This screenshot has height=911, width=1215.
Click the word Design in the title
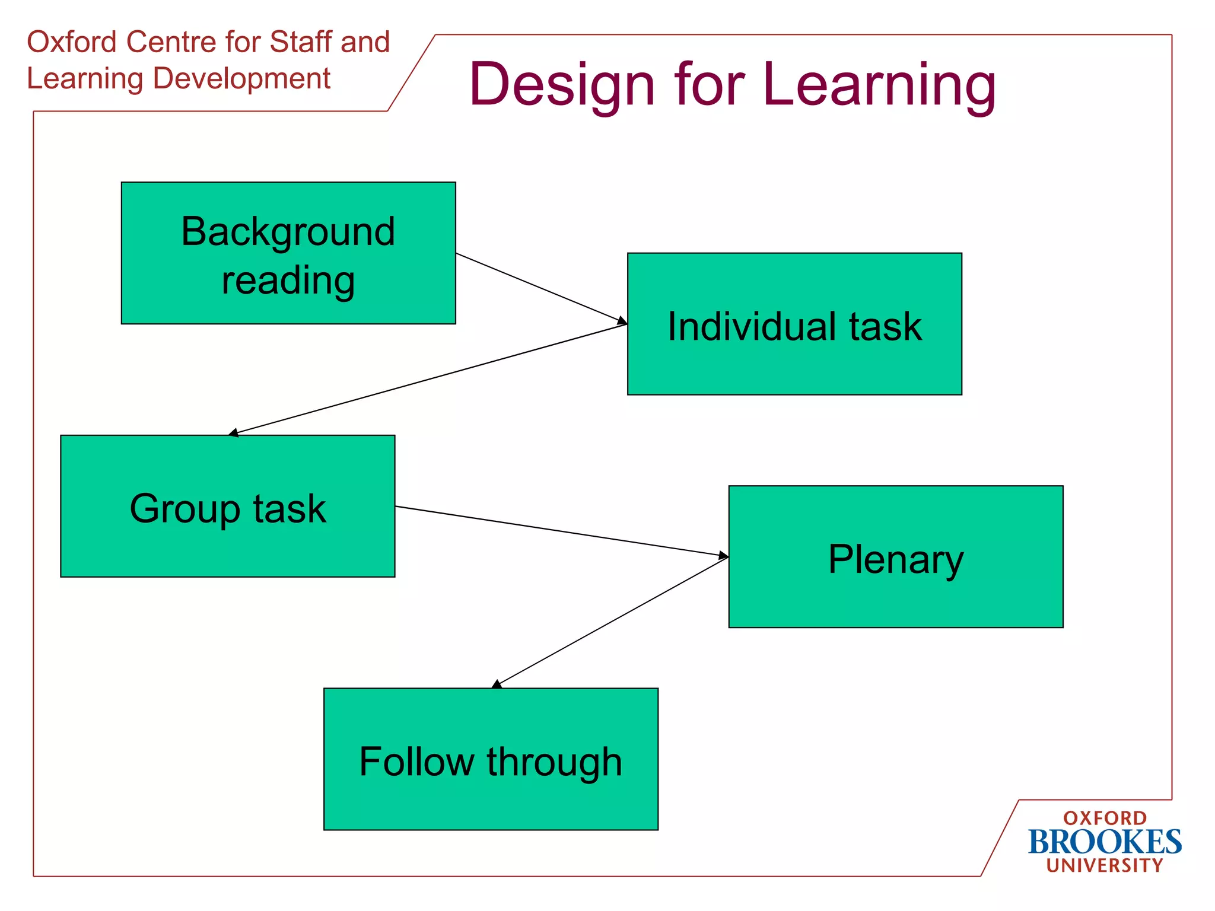click(x=561, y=85)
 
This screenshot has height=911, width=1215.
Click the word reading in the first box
click(x=288, y=280)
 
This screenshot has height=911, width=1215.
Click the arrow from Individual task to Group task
click(x=427, y=379)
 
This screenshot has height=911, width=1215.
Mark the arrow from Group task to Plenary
click(x=561, y=531)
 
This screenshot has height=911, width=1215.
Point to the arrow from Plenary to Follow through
click(x=611, y=623)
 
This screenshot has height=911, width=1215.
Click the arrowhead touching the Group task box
click(x=233, y=433)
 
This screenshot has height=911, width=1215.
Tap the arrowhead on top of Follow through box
click(x=497, y=684)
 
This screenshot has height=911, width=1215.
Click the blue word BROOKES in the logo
click(x=1105, y=842)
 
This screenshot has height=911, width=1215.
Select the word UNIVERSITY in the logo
click(x=1105, y=865)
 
